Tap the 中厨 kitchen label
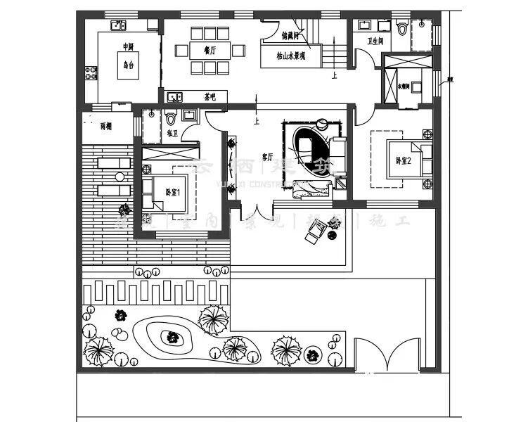click(127, 47)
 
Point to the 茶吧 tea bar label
click(210, 97)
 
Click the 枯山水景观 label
click(291, 56)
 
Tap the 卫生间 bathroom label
click(375, 41)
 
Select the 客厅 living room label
click(267, 157)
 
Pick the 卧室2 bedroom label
click(403, 161)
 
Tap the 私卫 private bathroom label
click(173, 132)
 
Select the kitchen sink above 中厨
click(117, 26)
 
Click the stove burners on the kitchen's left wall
click(91, 72)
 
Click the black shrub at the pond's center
click(170, 338)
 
